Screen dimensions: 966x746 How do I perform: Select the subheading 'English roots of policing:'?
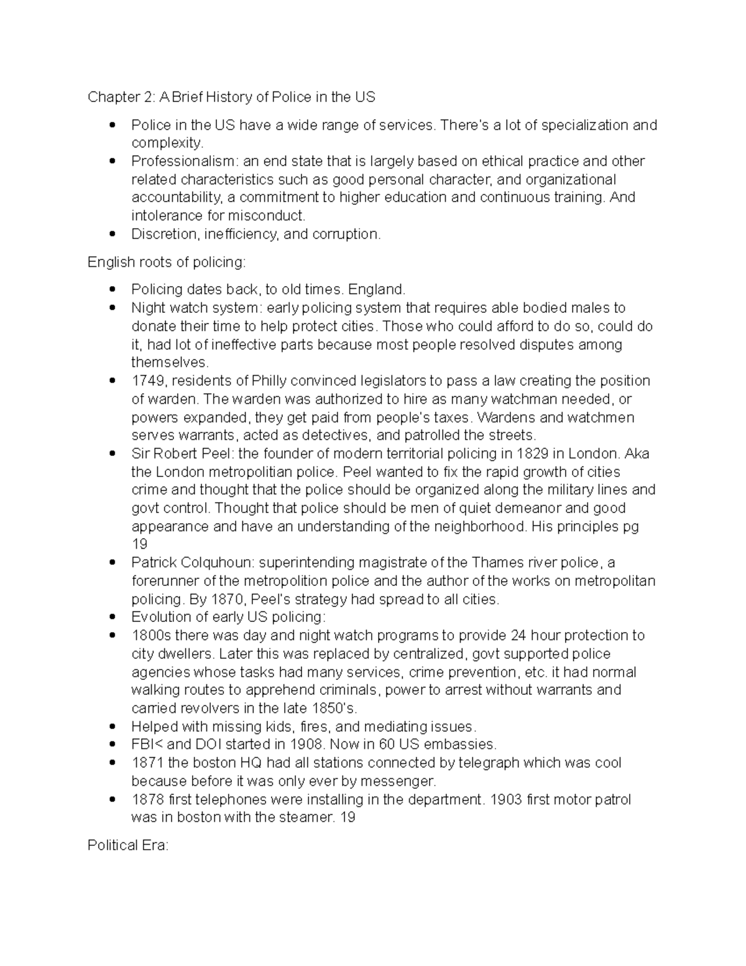coord(167,262)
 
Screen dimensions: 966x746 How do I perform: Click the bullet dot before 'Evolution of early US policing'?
coord(112,618)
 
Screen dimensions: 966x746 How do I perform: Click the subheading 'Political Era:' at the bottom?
coord(128,845)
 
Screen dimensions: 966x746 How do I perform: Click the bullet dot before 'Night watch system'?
coord(112,308)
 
